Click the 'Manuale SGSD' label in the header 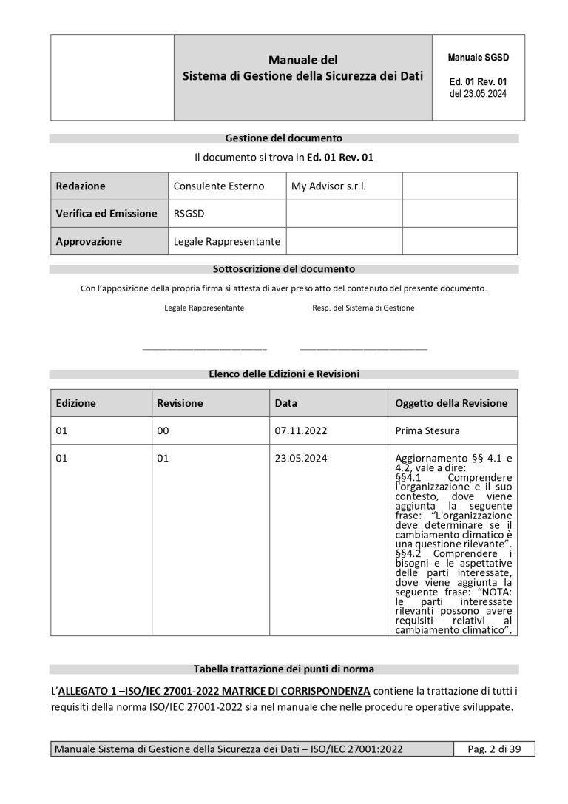[x=478, y=57]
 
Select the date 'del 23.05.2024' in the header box [x=478, y=94]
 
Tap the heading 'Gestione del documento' [x=283, y=138]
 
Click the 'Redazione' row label [x=81, y=186]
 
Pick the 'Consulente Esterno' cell [x=218, y=186]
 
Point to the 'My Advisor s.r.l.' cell [x=328, y=186]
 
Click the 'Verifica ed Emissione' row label [x=106, y=214]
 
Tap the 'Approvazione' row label [x=89, y=241]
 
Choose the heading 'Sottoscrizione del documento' [x=283, y=269]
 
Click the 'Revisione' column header [x=180, y=403]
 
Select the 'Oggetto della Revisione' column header [x=451, y=403]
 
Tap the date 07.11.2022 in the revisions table [x=301, y=430]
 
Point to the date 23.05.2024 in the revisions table [x=301, y=459]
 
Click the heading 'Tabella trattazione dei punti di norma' [x=283, y=669]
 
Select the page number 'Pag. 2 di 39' [x=494, y=749]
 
